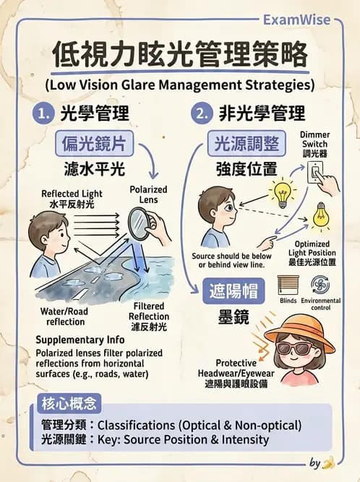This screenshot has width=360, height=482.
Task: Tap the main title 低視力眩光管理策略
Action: tap(179, 55)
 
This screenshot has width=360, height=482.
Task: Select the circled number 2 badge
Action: tap(200, 113)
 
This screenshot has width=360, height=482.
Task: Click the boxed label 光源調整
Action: tap(247, 144)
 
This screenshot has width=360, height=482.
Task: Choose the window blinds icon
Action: tap(288, 285)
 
